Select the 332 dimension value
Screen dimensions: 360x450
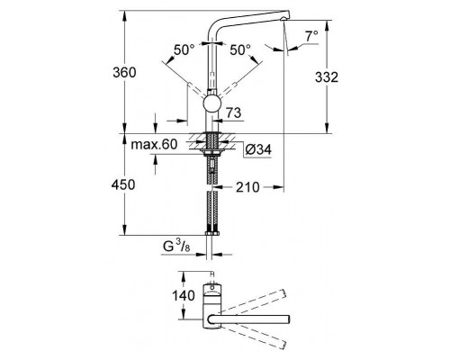pyautogui.click(x=327, y=78)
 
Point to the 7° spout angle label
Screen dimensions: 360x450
pyautogui.click(x=311, y=36)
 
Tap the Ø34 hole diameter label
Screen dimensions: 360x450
pyautogui.click(x=256, y=148)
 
